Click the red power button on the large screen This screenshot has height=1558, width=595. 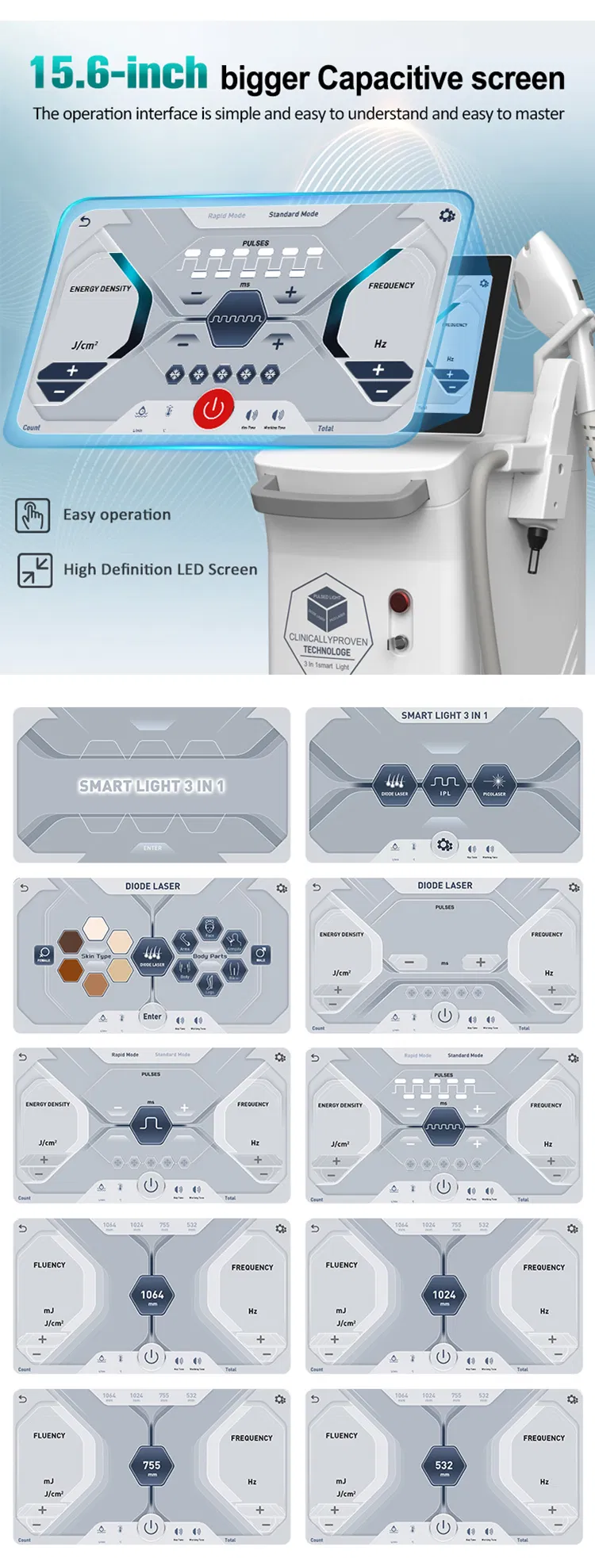pos(213,409)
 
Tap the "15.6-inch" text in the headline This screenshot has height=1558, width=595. pos(119,74)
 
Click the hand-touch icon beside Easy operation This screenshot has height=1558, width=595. pos(33,515)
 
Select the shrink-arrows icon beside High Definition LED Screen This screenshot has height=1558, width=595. pos(34,570)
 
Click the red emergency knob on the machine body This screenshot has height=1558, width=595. pos(400,600)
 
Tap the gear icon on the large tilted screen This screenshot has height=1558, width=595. pos(447,215)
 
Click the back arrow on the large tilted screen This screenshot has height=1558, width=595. pos(85,222)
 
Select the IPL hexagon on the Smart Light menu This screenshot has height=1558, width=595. pos(444,784)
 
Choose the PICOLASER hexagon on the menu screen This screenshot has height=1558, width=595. pos(493,784)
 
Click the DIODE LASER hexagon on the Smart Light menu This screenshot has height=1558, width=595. pos(395,784)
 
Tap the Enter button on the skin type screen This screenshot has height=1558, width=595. pos(152,1016)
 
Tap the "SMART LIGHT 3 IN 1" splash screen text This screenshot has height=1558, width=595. pos(152,786)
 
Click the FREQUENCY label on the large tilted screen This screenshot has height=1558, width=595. pos(391,285)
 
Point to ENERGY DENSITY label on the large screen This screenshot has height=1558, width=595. pos(101,289)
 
